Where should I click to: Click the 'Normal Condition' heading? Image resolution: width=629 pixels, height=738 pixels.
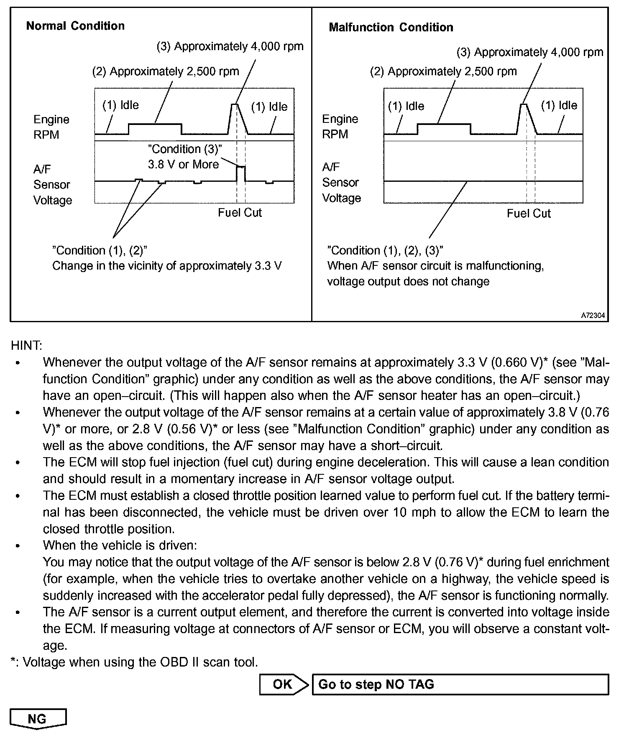[75, 26]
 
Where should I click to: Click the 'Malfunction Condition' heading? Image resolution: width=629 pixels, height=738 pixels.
[391, 28]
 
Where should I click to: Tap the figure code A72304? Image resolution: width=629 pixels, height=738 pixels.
[593, 316]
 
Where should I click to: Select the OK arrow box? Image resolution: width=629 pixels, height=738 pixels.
[284, 684]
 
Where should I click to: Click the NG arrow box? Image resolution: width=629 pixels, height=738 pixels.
[38, 718]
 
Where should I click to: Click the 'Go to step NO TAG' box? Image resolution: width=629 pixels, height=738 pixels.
[460, 684]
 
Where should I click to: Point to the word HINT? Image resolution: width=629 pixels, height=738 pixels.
[26, 346]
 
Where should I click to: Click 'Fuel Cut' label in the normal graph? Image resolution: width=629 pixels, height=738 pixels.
[240, 213]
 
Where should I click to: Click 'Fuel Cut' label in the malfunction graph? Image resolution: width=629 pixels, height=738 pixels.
[529, 214]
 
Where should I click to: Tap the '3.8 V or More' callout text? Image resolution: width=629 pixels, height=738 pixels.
[183, 164]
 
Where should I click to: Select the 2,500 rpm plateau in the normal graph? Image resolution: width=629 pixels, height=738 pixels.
[155, 124]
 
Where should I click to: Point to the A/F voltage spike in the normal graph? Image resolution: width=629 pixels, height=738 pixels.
[241, 167]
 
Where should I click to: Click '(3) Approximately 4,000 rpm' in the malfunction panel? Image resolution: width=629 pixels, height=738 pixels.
[530, 52]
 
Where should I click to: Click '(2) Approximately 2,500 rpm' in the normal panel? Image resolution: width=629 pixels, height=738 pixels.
[166, 71]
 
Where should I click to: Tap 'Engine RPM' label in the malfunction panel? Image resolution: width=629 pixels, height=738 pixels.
[340, 127]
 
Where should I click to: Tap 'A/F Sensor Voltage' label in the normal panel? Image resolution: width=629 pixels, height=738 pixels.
[52, 185]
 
